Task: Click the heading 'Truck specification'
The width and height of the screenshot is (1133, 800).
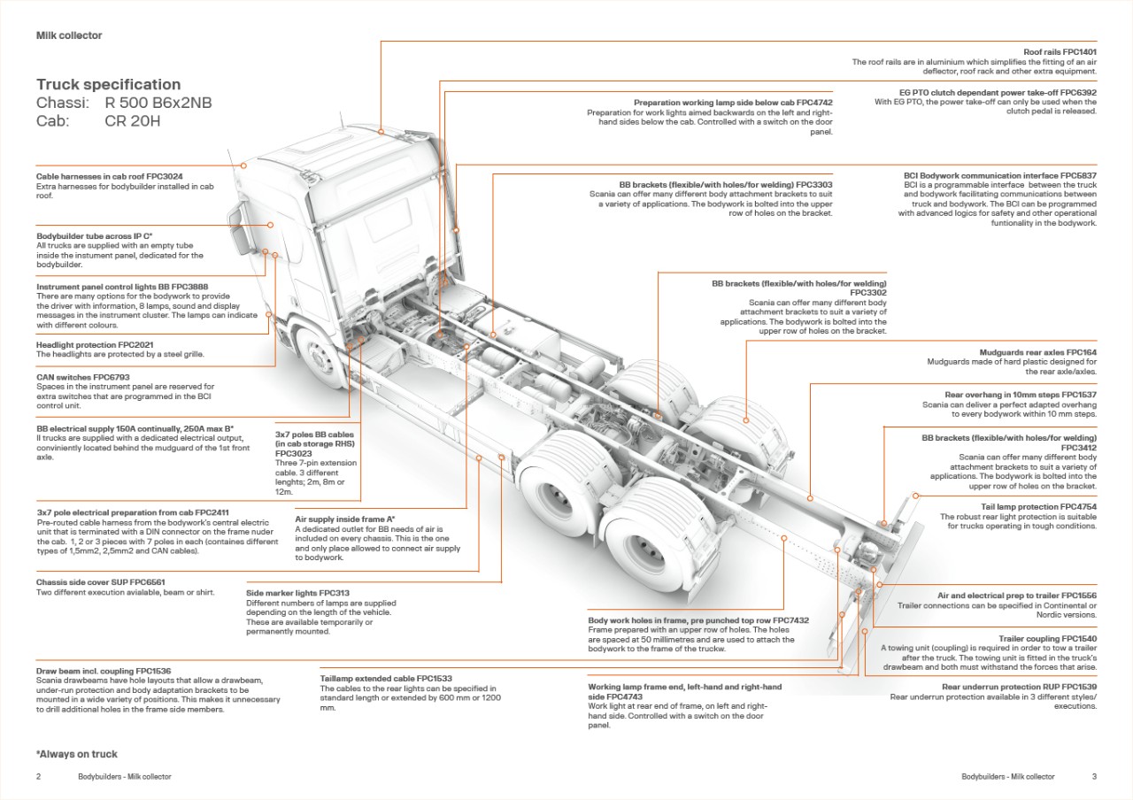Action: [x=108, y=85]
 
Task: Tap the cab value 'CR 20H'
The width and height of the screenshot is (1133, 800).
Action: [x=133, y=121]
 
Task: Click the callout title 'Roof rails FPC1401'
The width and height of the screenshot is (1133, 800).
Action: [x=1060, y=52]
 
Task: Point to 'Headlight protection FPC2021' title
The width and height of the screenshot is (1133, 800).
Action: [x=95, y=344]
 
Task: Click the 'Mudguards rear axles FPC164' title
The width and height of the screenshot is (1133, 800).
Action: [x=1037, y=352]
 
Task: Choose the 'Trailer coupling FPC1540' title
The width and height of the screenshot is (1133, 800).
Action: [x=1047, y=639]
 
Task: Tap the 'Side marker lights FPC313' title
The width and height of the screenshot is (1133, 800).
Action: [x=297, y=593]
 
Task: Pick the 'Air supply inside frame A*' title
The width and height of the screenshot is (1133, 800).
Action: [x=344, y=519]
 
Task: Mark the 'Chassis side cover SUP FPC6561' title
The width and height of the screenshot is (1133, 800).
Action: [x=101, y=583]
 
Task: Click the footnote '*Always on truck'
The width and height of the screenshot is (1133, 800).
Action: [x=77, y=754]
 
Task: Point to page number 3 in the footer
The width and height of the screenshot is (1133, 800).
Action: [x=1094, y=776]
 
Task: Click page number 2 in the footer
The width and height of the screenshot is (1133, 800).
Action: [x=39, y=776]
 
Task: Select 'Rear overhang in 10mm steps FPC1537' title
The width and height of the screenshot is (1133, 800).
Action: [x=1021, y=395]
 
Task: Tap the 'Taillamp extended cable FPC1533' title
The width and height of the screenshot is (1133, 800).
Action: [x=386, y=679]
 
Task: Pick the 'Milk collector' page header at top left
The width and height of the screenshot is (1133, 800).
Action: [x=69, y=35]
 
